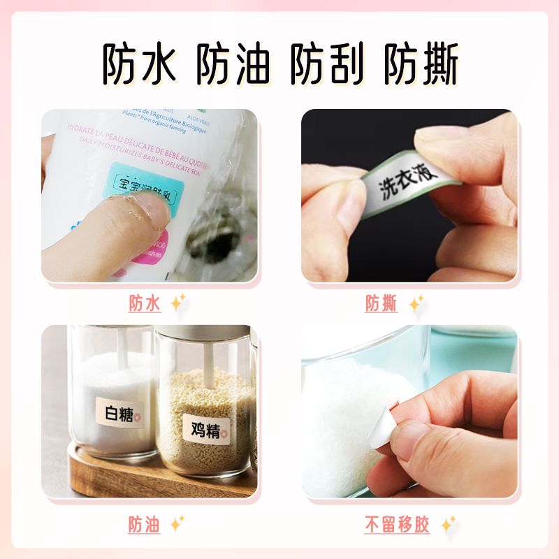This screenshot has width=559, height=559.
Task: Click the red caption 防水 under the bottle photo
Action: click(145, 303)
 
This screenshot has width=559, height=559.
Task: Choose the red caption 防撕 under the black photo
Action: click(381, 303)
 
